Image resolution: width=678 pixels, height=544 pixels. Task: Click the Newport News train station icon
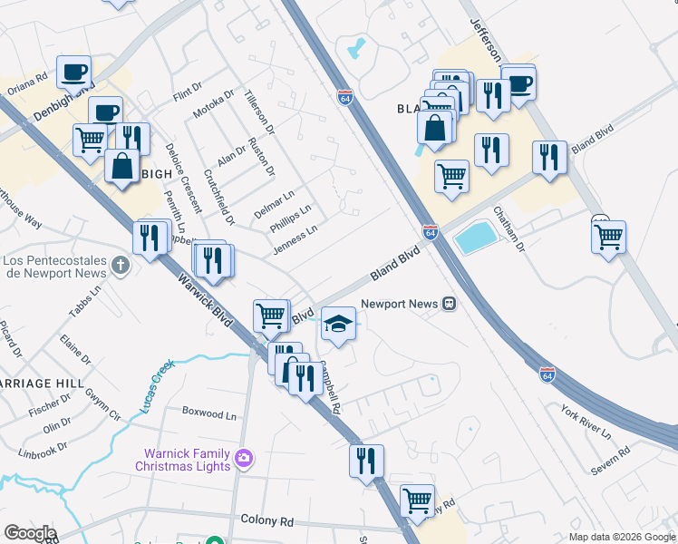(449, 305)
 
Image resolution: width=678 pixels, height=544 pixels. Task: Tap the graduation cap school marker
(338, 323)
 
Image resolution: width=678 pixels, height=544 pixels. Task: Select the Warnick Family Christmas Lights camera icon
(243, 458)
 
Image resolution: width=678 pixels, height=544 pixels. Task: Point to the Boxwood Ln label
(208, 413)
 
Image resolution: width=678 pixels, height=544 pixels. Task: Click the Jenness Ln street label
(295, 242)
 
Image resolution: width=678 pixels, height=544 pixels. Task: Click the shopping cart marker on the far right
(608, 237)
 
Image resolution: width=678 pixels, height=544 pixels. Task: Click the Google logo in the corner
(29, 533)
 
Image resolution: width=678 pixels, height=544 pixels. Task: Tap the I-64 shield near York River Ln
(547, 373)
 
